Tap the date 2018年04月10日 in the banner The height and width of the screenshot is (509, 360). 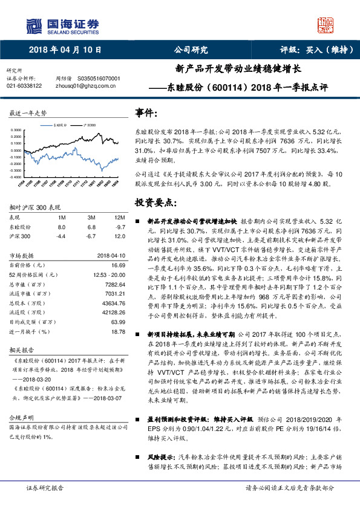65,50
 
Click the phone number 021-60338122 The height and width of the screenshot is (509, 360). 24,86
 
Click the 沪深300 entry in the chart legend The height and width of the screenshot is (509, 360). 88,125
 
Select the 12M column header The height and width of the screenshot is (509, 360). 119,216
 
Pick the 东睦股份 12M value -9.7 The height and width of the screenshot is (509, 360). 120,226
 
